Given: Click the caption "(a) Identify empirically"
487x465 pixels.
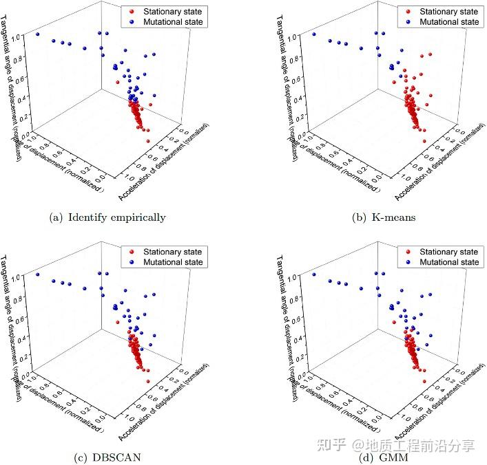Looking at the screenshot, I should pyautogui.click(x=108, y=217).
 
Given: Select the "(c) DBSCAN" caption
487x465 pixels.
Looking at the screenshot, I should pyautogui.click(x=108, y=457).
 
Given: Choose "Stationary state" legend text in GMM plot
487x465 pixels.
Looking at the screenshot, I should pyautogui.click(x=446, y=252).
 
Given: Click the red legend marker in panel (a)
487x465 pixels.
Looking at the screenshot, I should pyautogui.click(x=131, y=11).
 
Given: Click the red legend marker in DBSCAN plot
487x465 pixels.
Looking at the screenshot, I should pyautogui.click(x=131, y=252).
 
